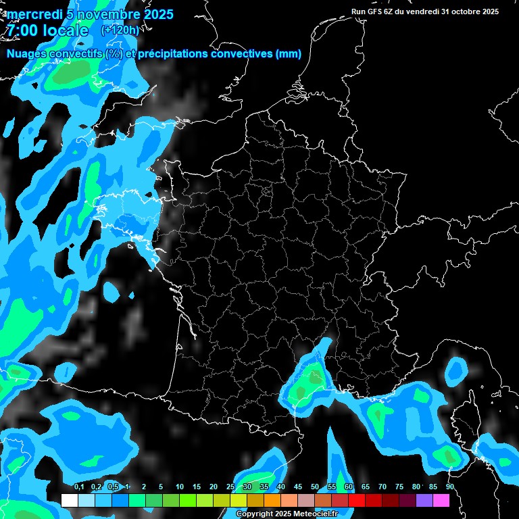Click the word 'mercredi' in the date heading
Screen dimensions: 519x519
(x=34, y=14)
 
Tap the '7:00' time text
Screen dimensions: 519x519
(x=22, y=30)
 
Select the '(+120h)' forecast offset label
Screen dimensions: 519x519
(x=120, y=30)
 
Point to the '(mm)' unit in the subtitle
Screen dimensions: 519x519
(x=288, y=54)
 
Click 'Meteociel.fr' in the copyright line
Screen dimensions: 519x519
(x=316, y=514)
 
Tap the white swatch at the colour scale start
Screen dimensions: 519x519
(x=70, y=500)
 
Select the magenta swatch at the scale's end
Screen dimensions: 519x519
(x=441, y=500)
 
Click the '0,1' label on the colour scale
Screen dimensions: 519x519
(x=79, y=487)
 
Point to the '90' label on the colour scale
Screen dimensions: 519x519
(x=449, y=487)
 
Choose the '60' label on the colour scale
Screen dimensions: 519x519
(x=348, y=487)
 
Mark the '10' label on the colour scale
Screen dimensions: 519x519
(x=179, y=487)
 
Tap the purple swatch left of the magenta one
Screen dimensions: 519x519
(x=424, y=500)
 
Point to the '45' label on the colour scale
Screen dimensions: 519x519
(x=298, y=487)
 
